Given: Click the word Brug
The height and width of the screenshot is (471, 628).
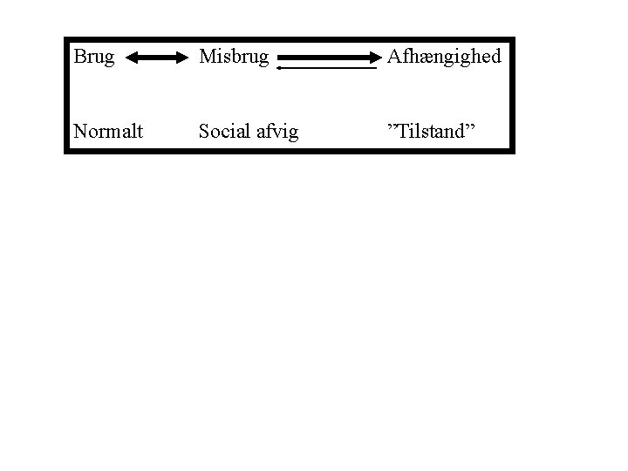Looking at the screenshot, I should (93, 58).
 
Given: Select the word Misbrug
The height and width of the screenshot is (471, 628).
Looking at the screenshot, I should (233, 58).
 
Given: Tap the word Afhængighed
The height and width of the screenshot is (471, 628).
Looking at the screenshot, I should (444, 58).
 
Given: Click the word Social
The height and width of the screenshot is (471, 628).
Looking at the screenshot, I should (222, 132).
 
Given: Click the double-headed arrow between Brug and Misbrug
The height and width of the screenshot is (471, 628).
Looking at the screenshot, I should (158, 58).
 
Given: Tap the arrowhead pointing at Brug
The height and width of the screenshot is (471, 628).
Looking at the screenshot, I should (132, 58).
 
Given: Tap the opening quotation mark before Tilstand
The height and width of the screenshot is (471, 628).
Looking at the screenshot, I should (392, 127).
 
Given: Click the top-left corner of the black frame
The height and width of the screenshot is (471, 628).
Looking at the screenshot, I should (66, 39).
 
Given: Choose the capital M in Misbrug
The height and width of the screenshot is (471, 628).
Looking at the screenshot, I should (207, 57).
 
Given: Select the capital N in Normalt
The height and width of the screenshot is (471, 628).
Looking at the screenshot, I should (80, 132).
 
